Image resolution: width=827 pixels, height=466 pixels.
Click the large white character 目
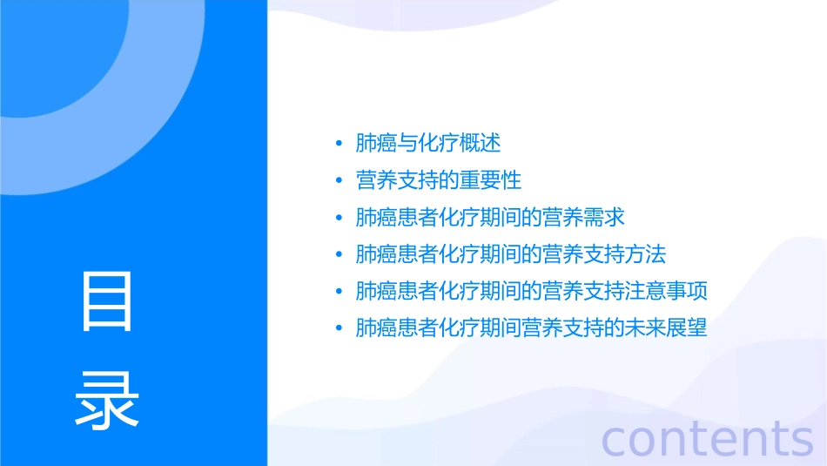click(x=107, y=301)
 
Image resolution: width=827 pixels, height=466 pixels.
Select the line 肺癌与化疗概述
click(x=428, y=143)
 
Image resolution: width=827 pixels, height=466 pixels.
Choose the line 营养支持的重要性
click(x=439, y=180)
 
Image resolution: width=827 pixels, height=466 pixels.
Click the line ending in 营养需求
click(x=490, y=217)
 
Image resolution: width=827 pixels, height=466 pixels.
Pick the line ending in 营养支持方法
click(x=511, y=254)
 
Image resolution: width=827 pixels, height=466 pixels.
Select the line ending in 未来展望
click(x=531, y=328)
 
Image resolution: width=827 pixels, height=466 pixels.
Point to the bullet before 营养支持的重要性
click(x=339, y=181)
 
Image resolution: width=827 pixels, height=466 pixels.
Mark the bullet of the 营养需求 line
click(x=339, y=218)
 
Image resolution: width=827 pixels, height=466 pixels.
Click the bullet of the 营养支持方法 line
click(x=339, y=255)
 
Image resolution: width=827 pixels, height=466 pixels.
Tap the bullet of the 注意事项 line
click(x=339, y=292)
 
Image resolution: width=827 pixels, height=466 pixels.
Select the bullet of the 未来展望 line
click(x=339, y=329)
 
